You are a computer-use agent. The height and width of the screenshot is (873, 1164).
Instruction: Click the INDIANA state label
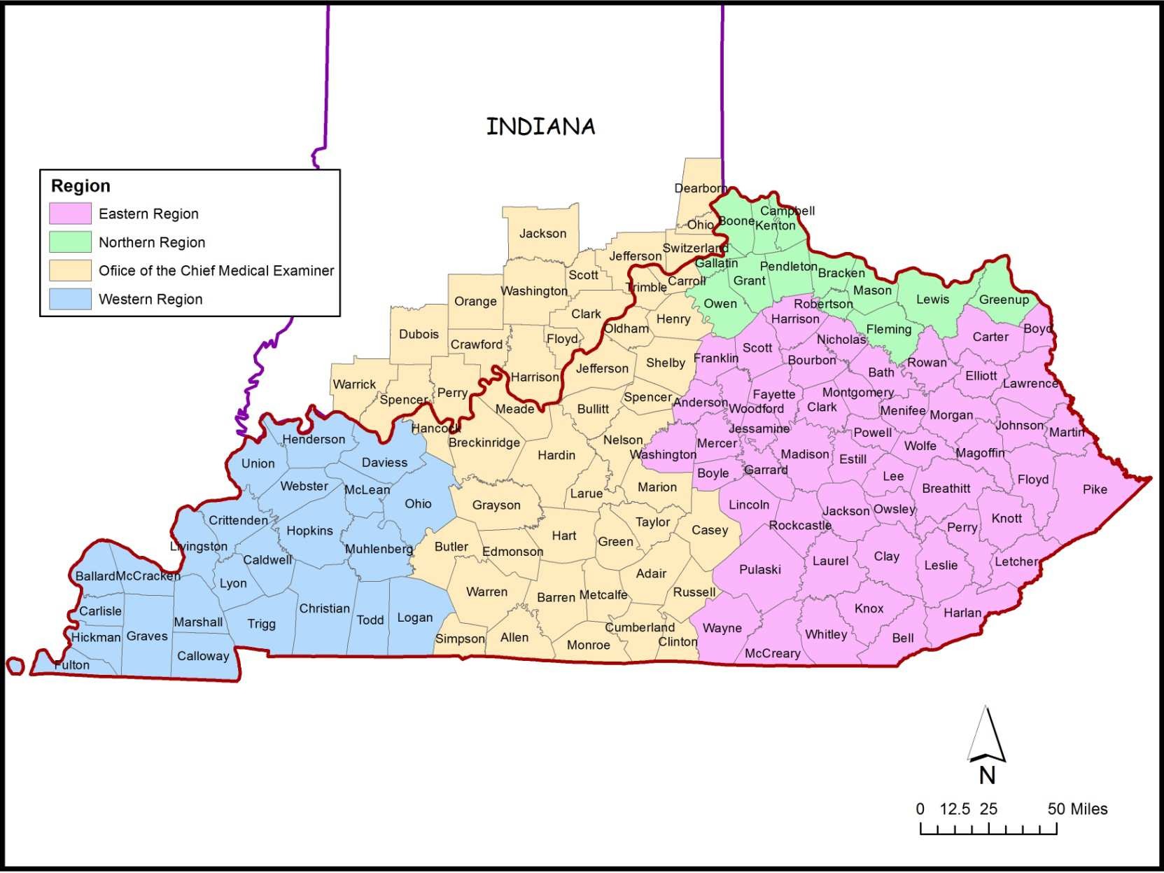click(540, 127)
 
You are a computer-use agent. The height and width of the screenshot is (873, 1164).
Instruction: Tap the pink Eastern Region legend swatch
click(70, 214)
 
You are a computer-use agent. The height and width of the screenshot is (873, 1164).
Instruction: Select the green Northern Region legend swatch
click(70, 242)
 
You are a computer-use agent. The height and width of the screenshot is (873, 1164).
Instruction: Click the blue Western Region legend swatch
click(70, 299)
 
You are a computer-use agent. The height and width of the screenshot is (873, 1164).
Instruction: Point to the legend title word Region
click(80, 186)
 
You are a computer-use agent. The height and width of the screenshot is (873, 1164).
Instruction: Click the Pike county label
click(1095, 489)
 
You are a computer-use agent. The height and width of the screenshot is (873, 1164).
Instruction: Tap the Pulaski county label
click(759, 569)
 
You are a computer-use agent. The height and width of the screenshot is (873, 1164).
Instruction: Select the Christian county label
click(324, 608)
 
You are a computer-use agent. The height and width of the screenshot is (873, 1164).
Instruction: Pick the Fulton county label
click(72, 665)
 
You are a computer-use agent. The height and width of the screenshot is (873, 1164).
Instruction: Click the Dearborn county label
click(700, 188)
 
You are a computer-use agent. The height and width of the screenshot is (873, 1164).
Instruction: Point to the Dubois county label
click(419, 334)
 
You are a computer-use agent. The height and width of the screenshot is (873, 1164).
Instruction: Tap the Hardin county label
click(556, 455)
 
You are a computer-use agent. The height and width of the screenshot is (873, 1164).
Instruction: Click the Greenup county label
click(1004, 300)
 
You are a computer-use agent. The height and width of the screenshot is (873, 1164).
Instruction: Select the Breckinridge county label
click(484, 442)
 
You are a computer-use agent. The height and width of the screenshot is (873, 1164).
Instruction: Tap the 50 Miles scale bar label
click(1077, 809)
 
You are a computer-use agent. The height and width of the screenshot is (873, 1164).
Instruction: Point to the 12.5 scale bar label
click(955, 809)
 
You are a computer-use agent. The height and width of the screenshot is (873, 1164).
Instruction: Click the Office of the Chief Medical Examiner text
click(216, 271)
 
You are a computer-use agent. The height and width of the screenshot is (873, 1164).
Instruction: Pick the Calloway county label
click(203, 656)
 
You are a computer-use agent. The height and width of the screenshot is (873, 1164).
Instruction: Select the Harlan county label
click(962, 613)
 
